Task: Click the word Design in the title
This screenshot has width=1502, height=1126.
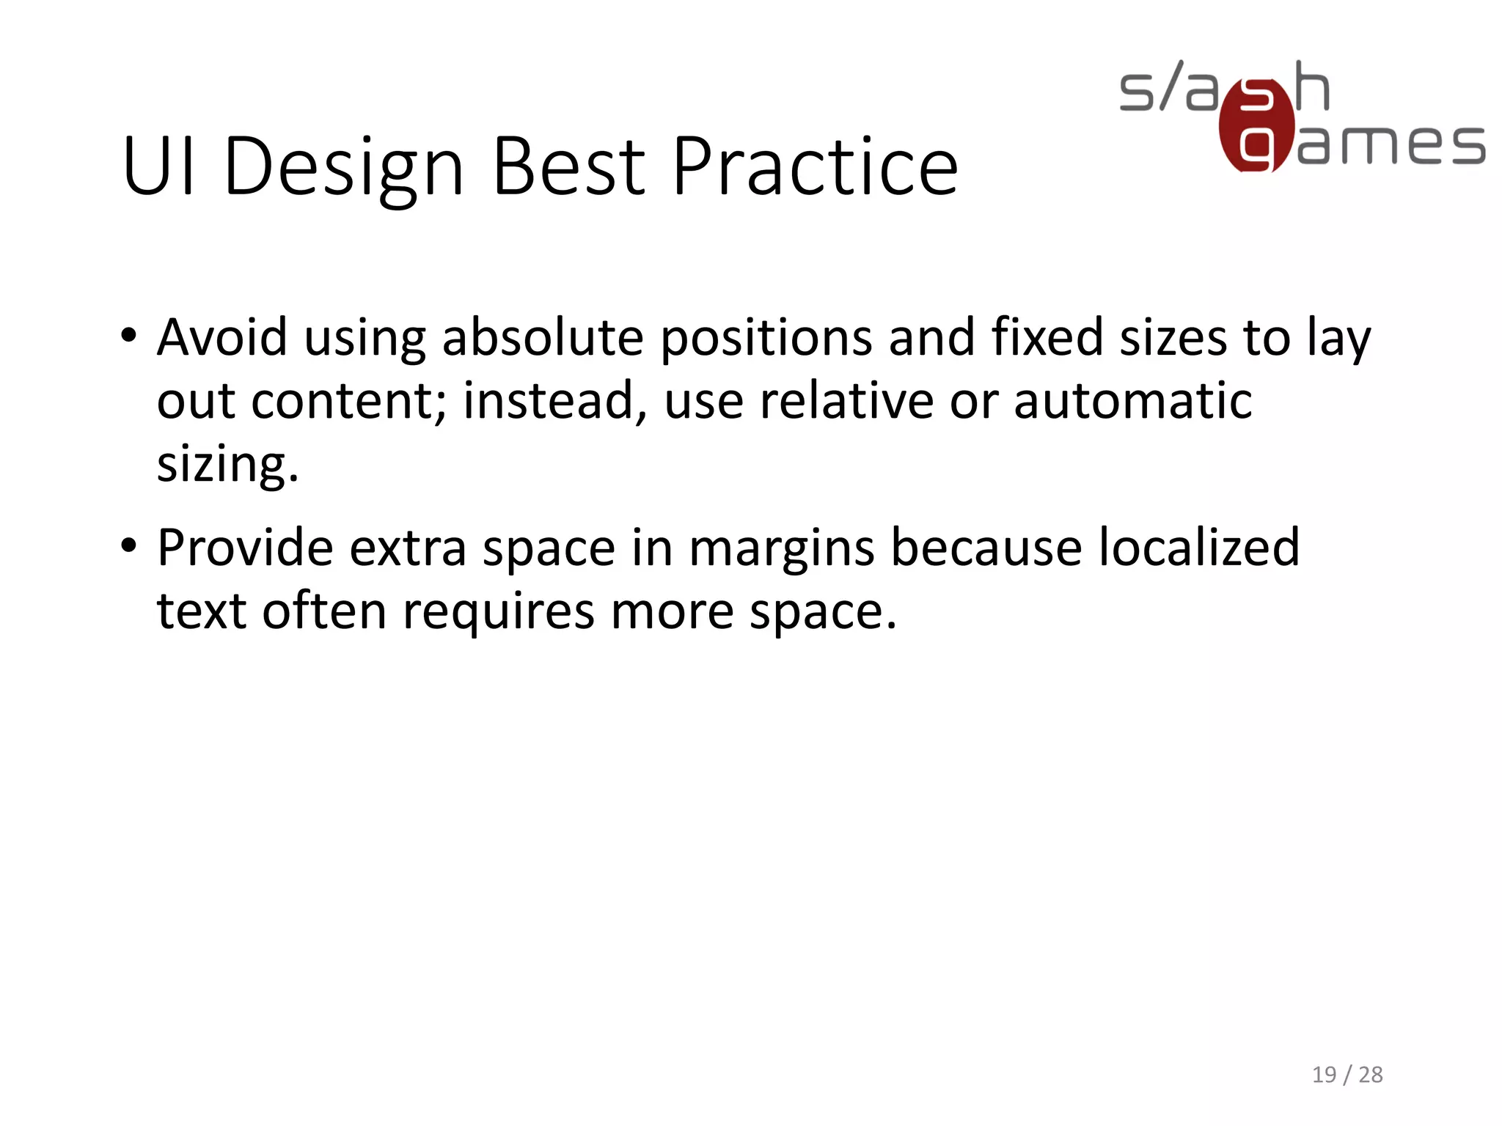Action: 344,167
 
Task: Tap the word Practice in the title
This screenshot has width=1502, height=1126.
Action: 815,167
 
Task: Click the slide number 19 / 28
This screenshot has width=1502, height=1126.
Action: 1347,1075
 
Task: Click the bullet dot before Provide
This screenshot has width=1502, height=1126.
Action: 129,547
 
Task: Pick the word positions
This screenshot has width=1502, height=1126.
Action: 766,339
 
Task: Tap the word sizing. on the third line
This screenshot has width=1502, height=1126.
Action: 228,465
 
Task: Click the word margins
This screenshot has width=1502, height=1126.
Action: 781,548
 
